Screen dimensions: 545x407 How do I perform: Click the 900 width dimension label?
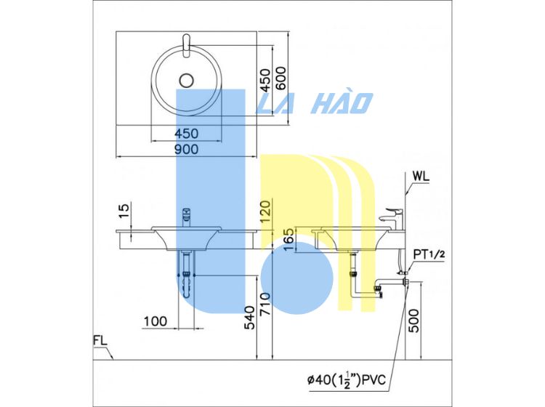[186, 150]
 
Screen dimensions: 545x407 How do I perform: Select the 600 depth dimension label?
[280, 78]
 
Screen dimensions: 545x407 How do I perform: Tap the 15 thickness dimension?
[124, 211]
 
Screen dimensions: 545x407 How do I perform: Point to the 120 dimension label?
[265, 212]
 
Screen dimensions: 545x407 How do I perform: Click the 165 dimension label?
[288, 240]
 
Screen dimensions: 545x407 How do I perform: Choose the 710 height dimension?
[265, 304]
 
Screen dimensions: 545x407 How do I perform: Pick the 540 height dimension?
[249, 318]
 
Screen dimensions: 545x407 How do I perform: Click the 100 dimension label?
[156, 321]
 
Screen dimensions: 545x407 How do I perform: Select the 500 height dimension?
[413, 321]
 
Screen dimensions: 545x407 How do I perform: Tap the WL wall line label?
[421, 176]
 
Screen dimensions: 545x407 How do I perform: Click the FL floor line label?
[100, 340]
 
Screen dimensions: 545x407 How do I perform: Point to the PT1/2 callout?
[429, 254]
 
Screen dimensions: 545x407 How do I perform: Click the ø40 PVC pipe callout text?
[347, 379]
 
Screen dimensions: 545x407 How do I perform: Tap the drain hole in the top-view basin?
[186, 81]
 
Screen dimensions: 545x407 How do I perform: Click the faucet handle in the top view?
[186, 46]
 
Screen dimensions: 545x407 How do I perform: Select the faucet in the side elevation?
[391, 219]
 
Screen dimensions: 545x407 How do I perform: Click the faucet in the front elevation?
[186, 217]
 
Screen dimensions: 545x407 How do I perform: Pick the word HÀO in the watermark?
[342, 103]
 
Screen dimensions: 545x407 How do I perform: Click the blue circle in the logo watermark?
[296, 278]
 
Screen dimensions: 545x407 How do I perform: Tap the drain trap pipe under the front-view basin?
[187, 275]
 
